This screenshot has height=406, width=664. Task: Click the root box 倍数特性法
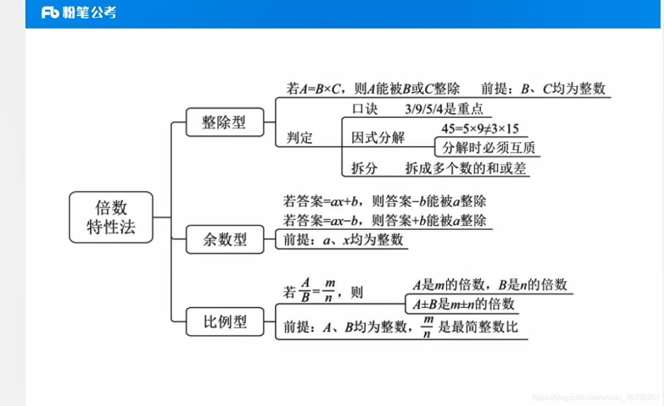point(111,217)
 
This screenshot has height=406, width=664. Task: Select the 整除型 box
point(225,122)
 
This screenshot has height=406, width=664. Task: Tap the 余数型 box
point(225,239)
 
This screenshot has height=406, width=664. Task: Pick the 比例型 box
point(225,322)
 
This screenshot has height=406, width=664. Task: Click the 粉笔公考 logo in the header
point(79,13)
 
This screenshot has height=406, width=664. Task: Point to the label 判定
point(300,138)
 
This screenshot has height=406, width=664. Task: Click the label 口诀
point(365,109)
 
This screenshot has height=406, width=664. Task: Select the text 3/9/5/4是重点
point(443,109)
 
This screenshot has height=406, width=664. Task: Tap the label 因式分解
point(378,138)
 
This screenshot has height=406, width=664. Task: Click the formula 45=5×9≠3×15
point(480,128)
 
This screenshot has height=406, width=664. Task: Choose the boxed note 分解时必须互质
point(488,148)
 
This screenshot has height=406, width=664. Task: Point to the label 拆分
point(364,168)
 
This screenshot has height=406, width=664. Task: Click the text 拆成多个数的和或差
point(465,168)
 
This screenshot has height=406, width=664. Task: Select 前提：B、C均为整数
point(543,89)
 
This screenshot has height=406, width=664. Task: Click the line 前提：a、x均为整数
point(343,240)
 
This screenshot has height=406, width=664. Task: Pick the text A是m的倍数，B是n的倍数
point(490,285)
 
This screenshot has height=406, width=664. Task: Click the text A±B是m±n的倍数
point(463,304)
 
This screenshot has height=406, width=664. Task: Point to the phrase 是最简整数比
point(478,326)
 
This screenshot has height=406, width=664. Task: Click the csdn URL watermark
point(596,398)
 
